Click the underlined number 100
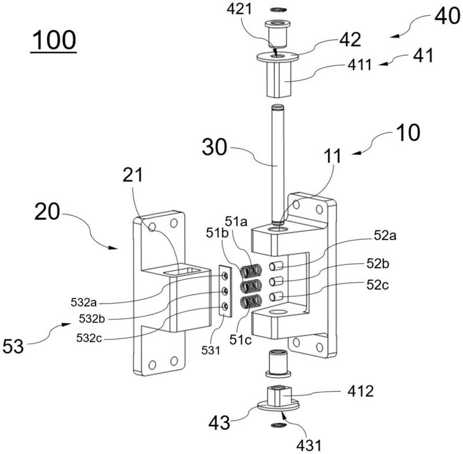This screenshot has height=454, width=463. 54,42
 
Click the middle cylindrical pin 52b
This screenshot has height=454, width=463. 276,281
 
